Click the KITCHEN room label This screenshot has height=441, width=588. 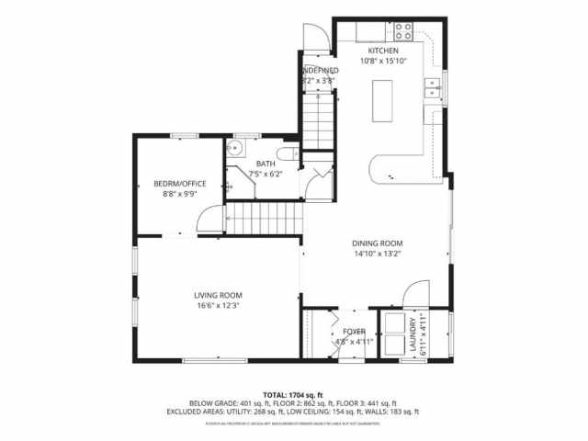383,51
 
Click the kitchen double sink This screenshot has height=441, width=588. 432,88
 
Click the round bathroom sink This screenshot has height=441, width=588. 239,153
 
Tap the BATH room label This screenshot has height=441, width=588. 266,164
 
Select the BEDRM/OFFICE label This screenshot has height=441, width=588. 179,184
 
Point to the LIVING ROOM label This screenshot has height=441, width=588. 218,295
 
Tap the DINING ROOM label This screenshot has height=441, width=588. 378,243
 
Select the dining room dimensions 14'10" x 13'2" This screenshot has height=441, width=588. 378,254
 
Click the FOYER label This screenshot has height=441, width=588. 355,331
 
